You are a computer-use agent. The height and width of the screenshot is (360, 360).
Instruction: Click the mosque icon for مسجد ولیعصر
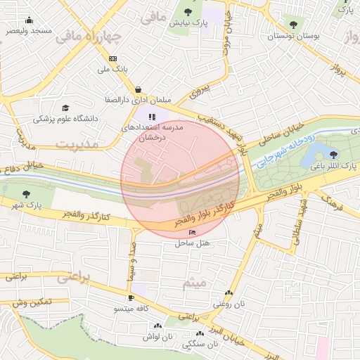[29, 20]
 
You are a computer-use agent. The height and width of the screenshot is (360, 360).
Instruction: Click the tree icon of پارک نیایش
[189, 12]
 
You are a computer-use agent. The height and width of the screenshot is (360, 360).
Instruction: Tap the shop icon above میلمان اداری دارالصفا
[138, 89]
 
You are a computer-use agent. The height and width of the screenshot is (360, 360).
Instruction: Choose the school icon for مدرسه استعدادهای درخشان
[153, 117]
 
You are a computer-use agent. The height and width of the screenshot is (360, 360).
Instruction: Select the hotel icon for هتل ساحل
[193, 232]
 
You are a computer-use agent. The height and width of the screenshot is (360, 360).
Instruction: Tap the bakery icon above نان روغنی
[228, 292]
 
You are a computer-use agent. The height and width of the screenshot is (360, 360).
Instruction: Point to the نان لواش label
[159, 337]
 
